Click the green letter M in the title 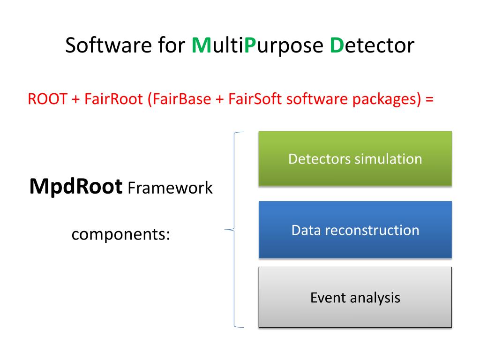[x=202, y=45]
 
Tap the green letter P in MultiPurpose [x=250, y=45]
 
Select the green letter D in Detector [x=337, y=45]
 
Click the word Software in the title [x=108, y=45]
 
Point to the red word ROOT [x=47, y=99]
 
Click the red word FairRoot [x=113, y=99]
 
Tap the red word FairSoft [x=255, y=99]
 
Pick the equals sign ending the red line [x=429, y=99]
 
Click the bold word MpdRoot [x=76, y=187]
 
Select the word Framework [x=170, y=187]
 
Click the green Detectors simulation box [x=355, y=158]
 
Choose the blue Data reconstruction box [x=355, y=230]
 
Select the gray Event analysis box [x=355, y=297]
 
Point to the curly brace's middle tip [x=225, y=230]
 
